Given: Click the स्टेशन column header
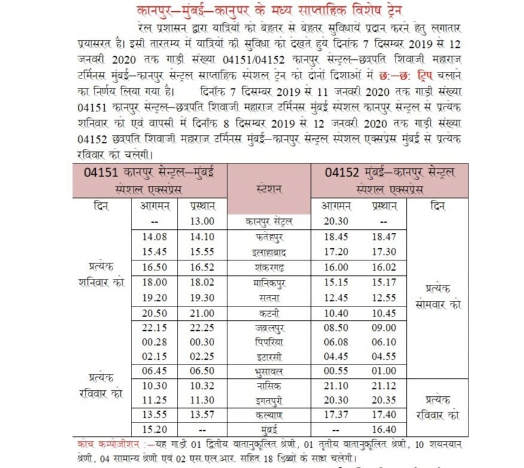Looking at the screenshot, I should point(269,190).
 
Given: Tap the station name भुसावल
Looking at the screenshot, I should point(269,371).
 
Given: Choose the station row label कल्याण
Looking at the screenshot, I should point(269,415).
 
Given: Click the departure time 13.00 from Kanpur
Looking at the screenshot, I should point(202,221).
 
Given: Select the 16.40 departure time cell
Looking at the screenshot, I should point(383,429).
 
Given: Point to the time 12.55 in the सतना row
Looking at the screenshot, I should point(383,297).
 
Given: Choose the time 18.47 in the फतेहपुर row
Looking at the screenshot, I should point(383,237).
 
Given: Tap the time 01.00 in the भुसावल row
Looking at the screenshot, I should point(383,371).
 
